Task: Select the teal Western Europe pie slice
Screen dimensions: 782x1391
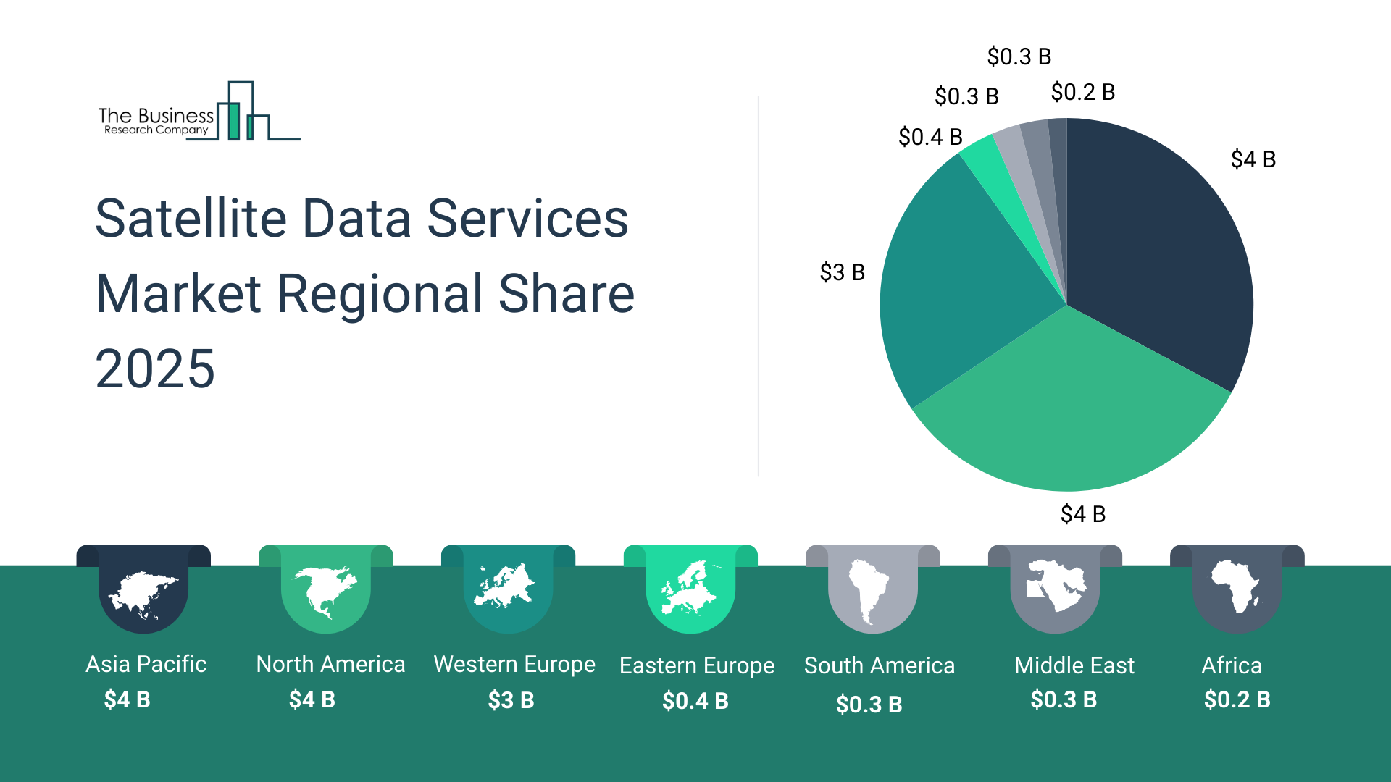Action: point(964,282)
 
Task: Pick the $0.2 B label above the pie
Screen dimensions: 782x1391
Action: point(1082,92)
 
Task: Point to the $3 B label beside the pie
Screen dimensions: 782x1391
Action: point(842,272)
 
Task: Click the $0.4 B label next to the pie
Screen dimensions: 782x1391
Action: point(930,136)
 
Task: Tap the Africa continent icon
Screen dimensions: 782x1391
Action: point(1236,586)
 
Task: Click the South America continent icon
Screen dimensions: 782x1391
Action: point(870,591)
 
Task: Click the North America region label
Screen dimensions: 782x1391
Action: point(330,664)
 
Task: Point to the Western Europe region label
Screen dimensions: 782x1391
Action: point(514,664)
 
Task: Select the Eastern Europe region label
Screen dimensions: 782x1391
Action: point(697,665)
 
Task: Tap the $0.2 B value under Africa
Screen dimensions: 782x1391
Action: point(1237,699)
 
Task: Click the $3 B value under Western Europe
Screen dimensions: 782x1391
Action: point(511,700)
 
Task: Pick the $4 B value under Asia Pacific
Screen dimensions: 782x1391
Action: point(127,699)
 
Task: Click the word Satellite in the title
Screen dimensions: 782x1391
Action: point(191,218)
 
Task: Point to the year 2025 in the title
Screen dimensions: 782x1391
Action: point(155,369)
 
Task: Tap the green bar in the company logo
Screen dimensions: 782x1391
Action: point(233,121)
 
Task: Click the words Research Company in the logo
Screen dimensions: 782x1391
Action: point(156,130)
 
